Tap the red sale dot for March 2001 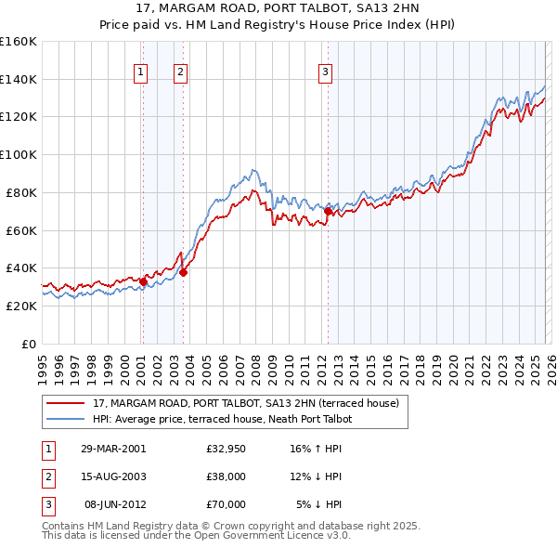click(143, 281)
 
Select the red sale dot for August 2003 click(183, 271)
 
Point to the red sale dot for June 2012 click(328, 211)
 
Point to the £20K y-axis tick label click(21, 306)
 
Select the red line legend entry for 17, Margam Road click(246, 403)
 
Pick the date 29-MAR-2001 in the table click(113, 449)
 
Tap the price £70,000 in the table click(227, 504)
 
